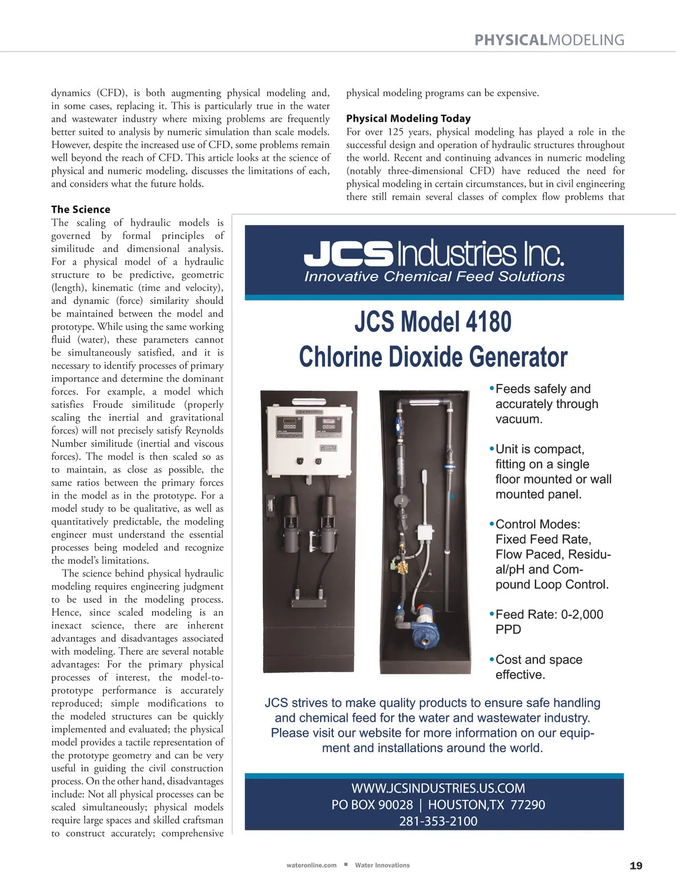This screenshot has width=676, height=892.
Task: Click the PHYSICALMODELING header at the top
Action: point(549,40)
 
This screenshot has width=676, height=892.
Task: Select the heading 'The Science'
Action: point(81,209)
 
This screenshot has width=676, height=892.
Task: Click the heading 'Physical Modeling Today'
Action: point(408,118)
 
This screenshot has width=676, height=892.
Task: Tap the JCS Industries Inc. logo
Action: point(434,254)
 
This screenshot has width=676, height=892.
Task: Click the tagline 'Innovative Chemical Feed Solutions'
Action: point(434,276)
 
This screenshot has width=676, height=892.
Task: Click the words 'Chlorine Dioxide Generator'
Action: point(433,357)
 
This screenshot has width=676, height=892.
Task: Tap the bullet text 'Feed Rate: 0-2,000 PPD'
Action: point(549,621)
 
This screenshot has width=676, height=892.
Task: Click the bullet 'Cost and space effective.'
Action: point(539,667)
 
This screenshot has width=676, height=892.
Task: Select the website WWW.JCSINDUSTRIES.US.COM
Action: point(438,788)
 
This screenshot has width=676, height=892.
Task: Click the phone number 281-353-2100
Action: point(438,821)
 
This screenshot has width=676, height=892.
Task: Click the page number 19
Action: point(635,865)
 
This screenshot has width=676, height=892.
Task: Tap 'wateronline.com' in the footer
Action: point(312,865)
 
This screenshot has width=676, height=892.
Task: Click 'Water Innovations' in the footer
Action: point(382,865)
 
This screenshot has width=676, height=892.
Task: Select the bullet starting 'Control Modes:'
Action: point(552,554)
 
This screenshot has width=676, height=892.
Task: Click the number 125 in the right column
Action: point(395,132)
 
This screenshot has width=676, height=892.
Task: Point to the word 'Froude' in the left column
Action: point(108,404)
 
